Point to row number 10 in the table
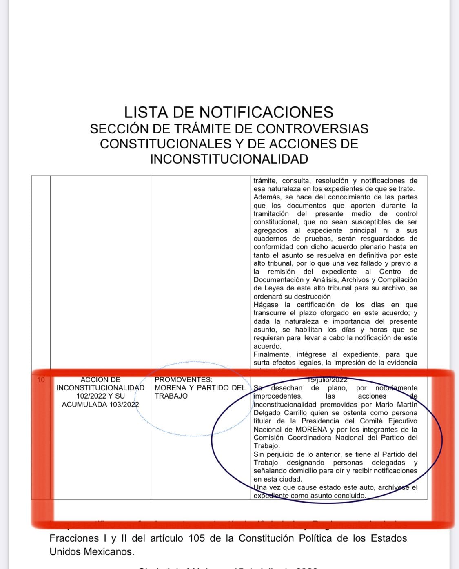pos(41,380)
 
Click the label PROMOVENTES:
pos(184,380)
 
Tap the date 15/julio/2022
pos(328,380)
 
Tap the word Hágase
pos(266,305)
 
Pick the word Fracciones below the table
pos(73,538)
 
